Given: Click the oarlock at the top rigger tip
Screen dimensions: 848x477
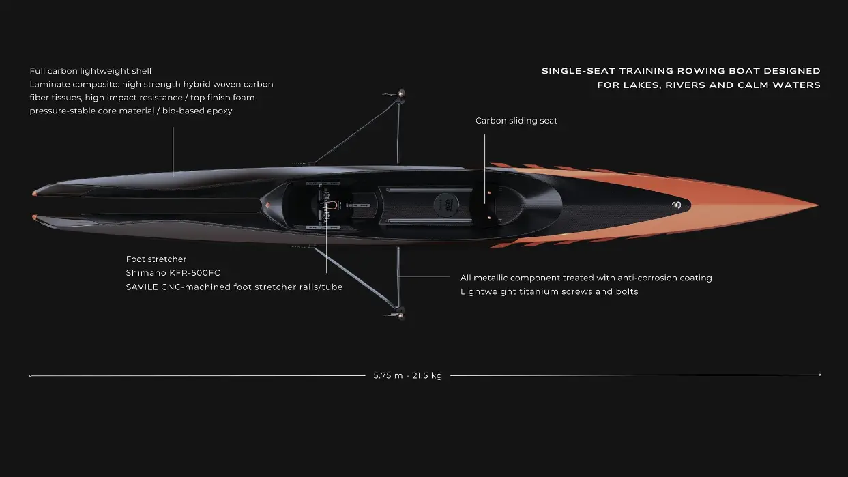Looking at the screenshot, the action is pyautogui.click(x=401, y=94).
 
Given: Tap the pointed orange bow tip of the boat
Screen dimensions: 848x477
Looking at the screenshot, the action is pyautogui.click(x=818, y=205).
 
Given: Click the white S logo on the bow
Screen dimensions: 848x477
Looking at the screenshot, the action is pyautogui.click(x=677, y=205).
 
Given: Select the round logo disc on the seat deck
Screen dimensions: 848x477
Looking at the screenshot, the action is pyautogui.click(x=446, y=205).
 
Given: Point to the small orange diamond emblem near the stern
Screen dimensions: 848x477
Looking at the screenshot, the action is pyautogui.click(x=267, y=205).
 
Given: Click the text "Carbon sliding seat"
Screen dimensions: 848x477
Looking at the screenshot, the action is pyautogui.click(x=516, y=121).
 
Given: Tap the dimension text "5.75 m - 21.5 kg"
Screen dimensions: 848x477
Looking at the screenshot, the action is pyautogui.click(x=408, y=375).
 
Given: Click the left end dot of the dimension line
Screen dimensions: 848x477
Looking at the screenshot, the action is pyautogui.click(x=31, y=376).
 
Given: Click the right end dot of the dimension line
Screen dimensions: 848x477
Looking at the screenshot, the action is pyautogui.click(x=819, y=375).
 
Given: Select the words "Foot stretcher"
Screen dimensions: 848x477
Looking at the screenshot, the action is pyautogui.click(x=156, y=259).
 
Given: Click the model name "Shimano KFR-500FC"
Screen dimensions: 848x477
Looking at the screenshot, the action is pyautogui.click(x=173, y=273).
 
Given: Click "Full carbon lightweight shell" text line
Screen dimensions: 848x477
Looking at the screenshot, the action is pyautogui.click(x=91, y=71).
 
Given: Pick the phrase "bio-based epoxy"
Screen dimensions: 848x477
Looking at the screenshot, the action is pyautogui.click(x=197, y=111).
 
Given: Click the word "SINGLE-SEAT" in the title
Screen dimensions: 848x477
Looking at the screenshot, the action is pyautogui.click(x=578, y=71).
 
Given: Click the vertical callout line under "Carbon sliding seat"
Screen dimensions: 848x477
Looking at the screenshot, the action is pyautogui.click(x=484, y=169).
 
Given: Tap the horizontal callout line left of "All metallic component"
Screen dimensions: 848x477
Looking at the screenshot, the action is pyautogui.click(x=424, y=276).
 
